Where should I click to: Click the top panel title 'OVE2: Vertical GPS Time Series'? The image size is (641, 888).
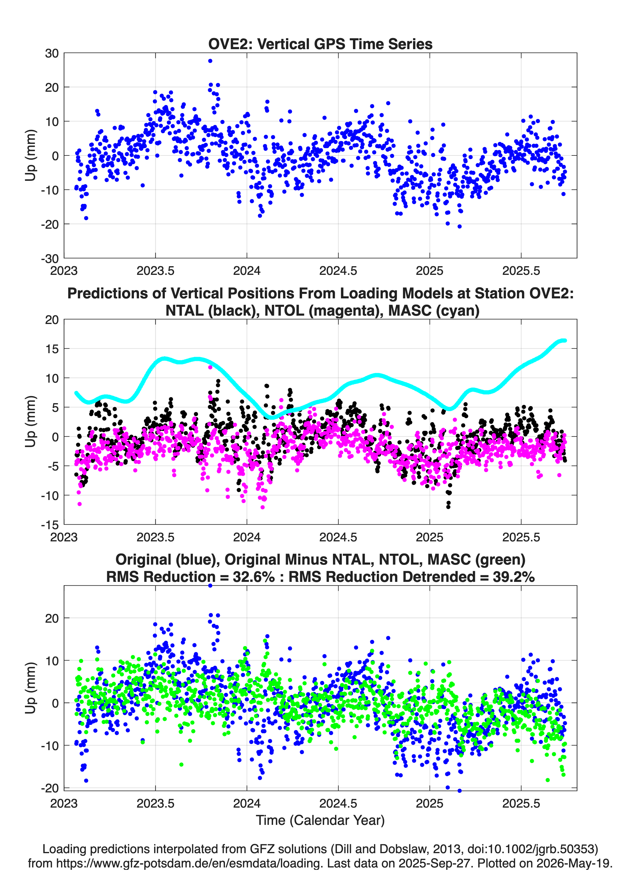click(x=320, y=44)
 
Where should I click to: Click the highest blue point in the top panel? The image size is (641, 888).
click(x=210, y=61)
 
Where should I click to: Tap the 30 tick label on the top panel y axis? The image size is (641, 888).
click(x=52, y=53)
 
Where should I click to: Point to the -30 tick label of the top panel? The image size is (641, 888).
click(x=50, y=258)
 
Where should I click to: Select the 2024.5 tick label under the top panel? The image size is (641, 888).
click(x=338, y=271)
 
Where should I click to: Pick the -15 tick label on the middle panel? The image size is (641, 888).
click(x=50, y=525)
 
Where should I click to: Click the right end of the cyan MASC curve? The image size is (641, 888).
click(x=565, y=341)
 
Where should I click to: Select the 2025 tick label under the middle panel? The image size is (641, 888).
click(x=429, y=537)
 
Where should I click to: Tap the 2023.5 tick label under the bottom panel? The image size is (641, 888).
click(x=155, y=803)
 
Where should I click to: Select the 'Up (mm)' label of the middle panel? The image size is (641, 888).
click(x=31, y=422)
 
